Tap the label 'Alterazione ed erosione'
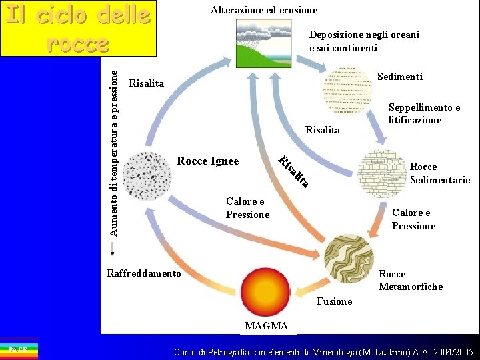tap(264, 10)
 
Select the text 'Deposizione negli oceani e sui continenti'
tap(364, 41)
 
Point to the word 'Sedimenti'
tap(399, 77)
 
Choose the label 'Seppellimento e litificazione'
tap(424, 113)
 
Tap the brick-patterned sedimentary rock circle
tap(382, 173)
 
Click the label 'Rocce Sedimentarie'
tap(439, 173)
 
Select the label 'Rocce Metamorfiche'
tap(410, 280)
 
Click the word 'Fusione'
tap(334, 301)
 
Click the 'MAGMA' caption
tap(266, 326)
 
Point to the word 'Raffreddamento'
tap(143, 273)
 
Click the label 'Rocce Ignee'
tap(207, 161)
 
